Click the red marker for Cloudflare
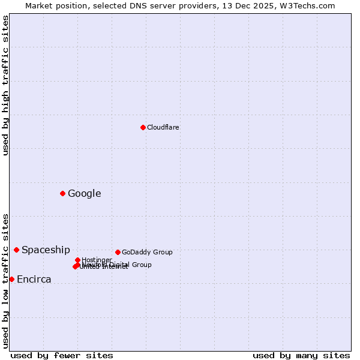click(x=143, y=127)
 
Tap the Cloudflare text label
click(x=163, y=127)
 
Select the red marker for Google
click(x=62, y=193)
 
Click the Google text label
click(x=85, y=193)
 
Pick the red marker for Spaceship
click(x=16, y=250)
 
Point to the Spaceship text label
click(x=46, y=250)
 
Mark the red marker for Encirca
click(x=11, y=279)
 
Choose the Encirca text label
click(x=34, y=279)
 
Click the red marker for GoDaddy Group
click(x=118, y=252)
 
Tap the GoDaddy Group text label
click(x=147, y=252)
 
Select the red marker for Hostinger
click(x=77, y=260)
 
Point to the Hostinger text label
click(x=97, y=260)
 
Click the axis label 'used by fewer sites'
click(x=62, y=355)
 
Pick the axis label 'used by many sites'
click(x=301, y=355)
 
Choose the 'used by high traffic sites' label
click(x=5, y=85)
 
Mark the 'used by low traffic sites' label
click(x=5, y=281)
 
